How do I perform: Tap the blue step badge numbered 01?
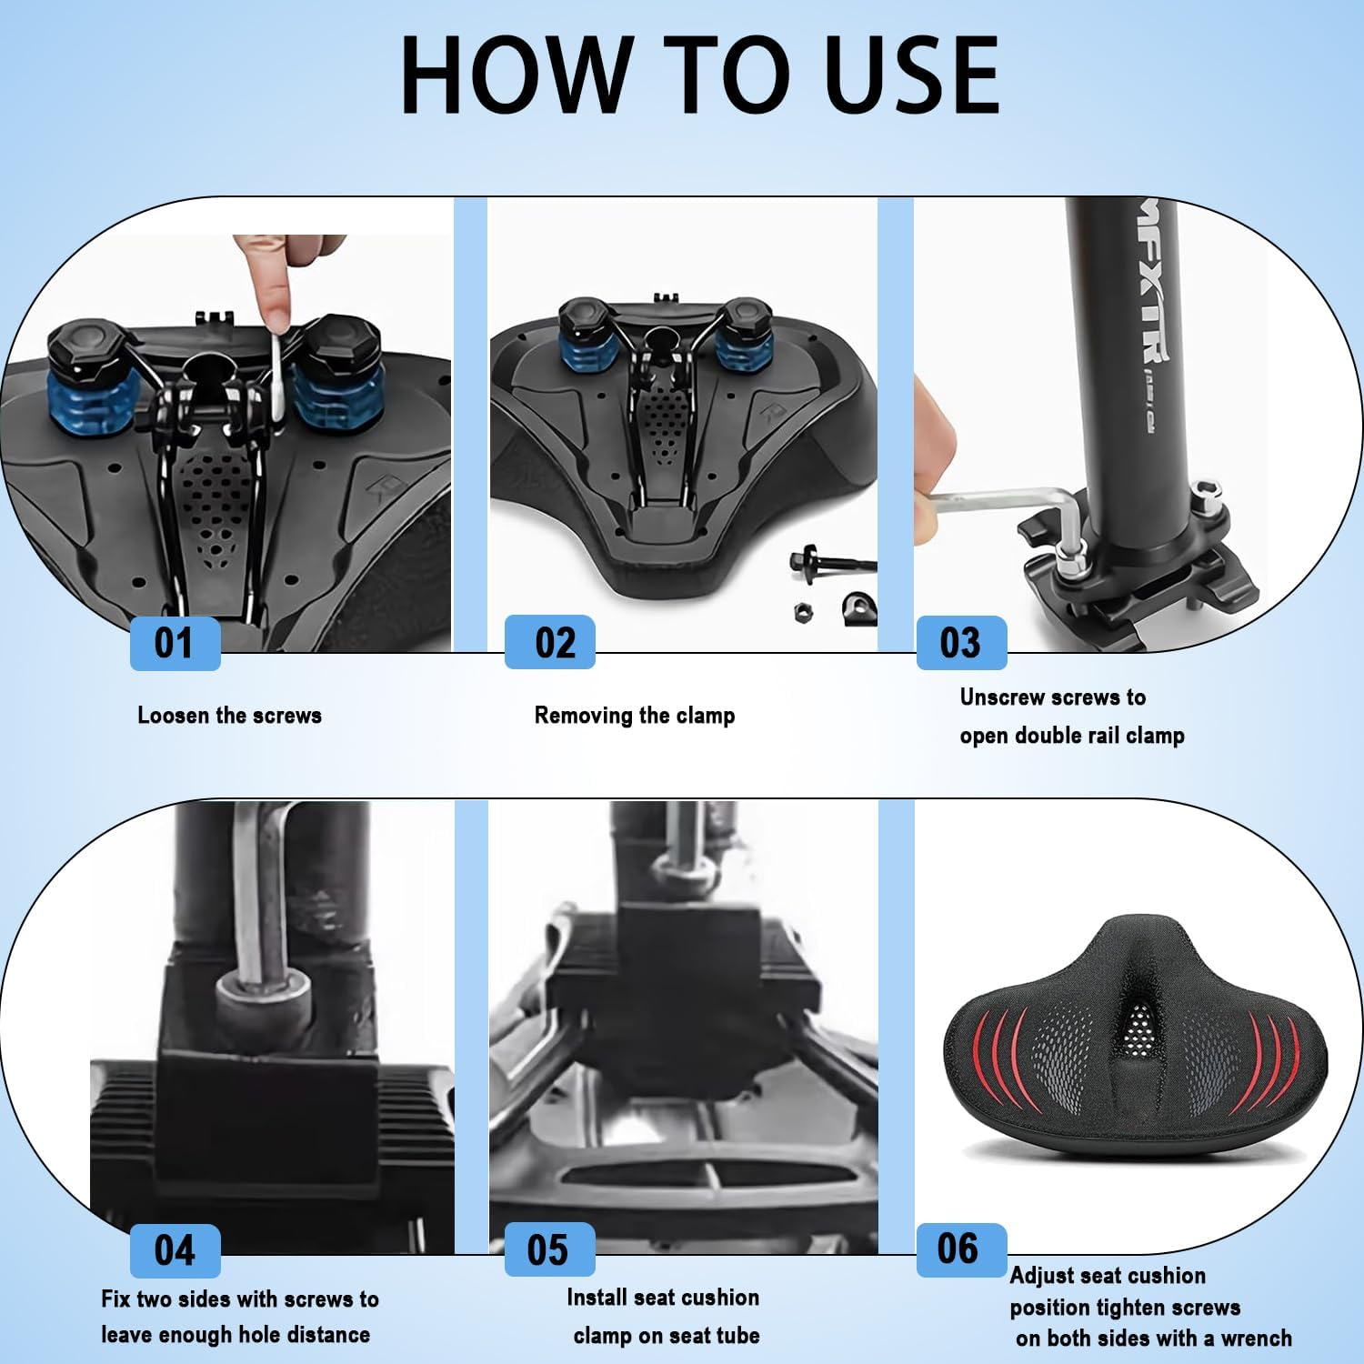(175, 643)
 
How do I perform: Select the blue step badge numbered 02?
(550, 642)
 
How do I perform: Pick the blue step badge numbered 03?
(961, 643)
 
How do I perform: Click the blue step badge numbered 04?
(175, 1250)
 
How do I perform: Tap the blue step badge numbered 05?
(549, 1249)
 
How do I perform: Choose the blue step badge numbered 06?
(960, 1249)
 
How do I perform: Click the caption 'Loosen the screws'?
(229, 716)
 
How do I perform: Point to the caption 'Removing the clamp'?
(635, 716)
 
